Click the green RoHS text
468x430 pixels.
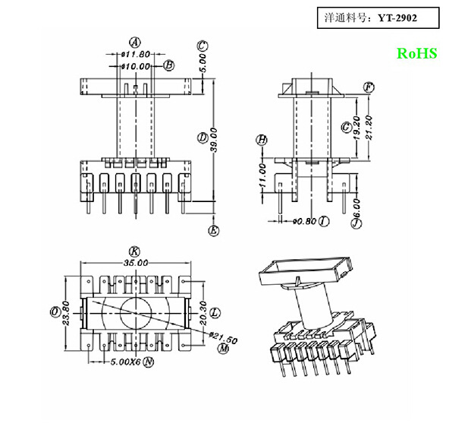[416, 54]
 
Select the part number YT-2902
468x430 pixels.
[397, 16]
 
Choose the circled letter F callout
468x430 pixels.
[369, 87]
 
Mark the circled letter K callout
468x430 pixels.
[134, 251]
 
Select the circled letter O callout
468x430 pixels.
[55, 312]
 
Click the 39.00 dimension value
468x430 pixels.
[214, 141]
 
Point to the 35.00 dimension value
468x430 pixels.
[134, 262]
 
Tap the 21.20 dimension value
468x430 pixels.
[369, 129]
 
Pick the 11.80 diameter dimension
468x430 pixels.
[137, 55]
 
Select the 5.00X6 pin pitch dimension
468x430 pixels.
[124, 362]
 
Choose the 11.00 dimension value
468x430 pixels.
[262, 176]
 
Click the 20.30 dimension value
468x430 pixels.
[202, 312]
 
